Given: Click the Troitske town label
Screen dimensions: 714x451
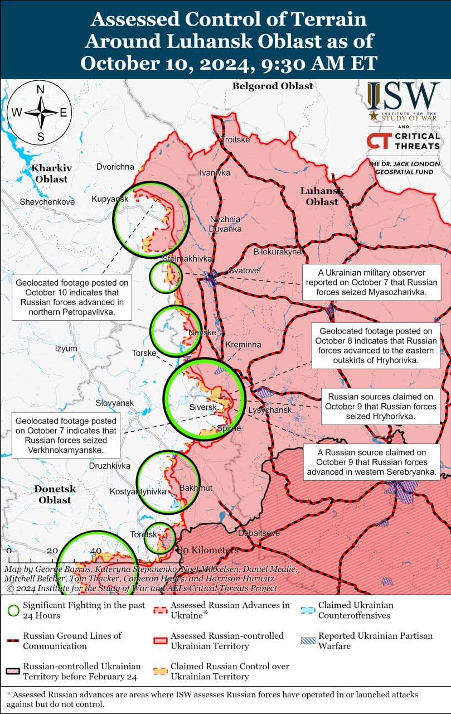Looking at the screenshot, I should tap(236, 139).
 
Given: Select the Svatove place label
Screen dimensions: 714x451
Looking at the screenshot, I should tap(244, 271).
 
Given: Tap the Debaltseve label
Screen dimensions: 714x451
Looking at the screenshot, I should tap(259, 533).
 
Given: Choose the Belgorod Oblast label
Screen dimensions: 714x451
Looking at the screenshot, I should tap(273, 86).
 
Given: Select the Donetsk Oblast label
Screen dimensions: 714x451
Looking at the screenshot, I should tap(55, 494).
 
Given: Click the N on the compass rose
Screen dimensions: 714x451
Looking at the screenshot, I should tap(40, 90).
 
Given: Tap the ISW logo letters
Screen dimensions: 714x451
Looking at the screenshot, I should tap(403, 96).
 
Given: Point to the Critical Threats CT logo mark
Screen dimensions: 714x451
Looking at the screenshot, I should tap(378, 141).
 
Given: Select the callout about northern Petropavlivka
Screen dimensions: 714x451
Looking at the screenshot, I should tap(72, 297).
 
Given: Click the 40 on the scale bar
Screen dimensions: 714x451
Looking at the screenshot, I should tap(95, 551).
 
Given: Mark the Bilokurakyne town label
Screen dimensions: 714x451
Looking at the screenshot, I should tap(277, 252).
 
